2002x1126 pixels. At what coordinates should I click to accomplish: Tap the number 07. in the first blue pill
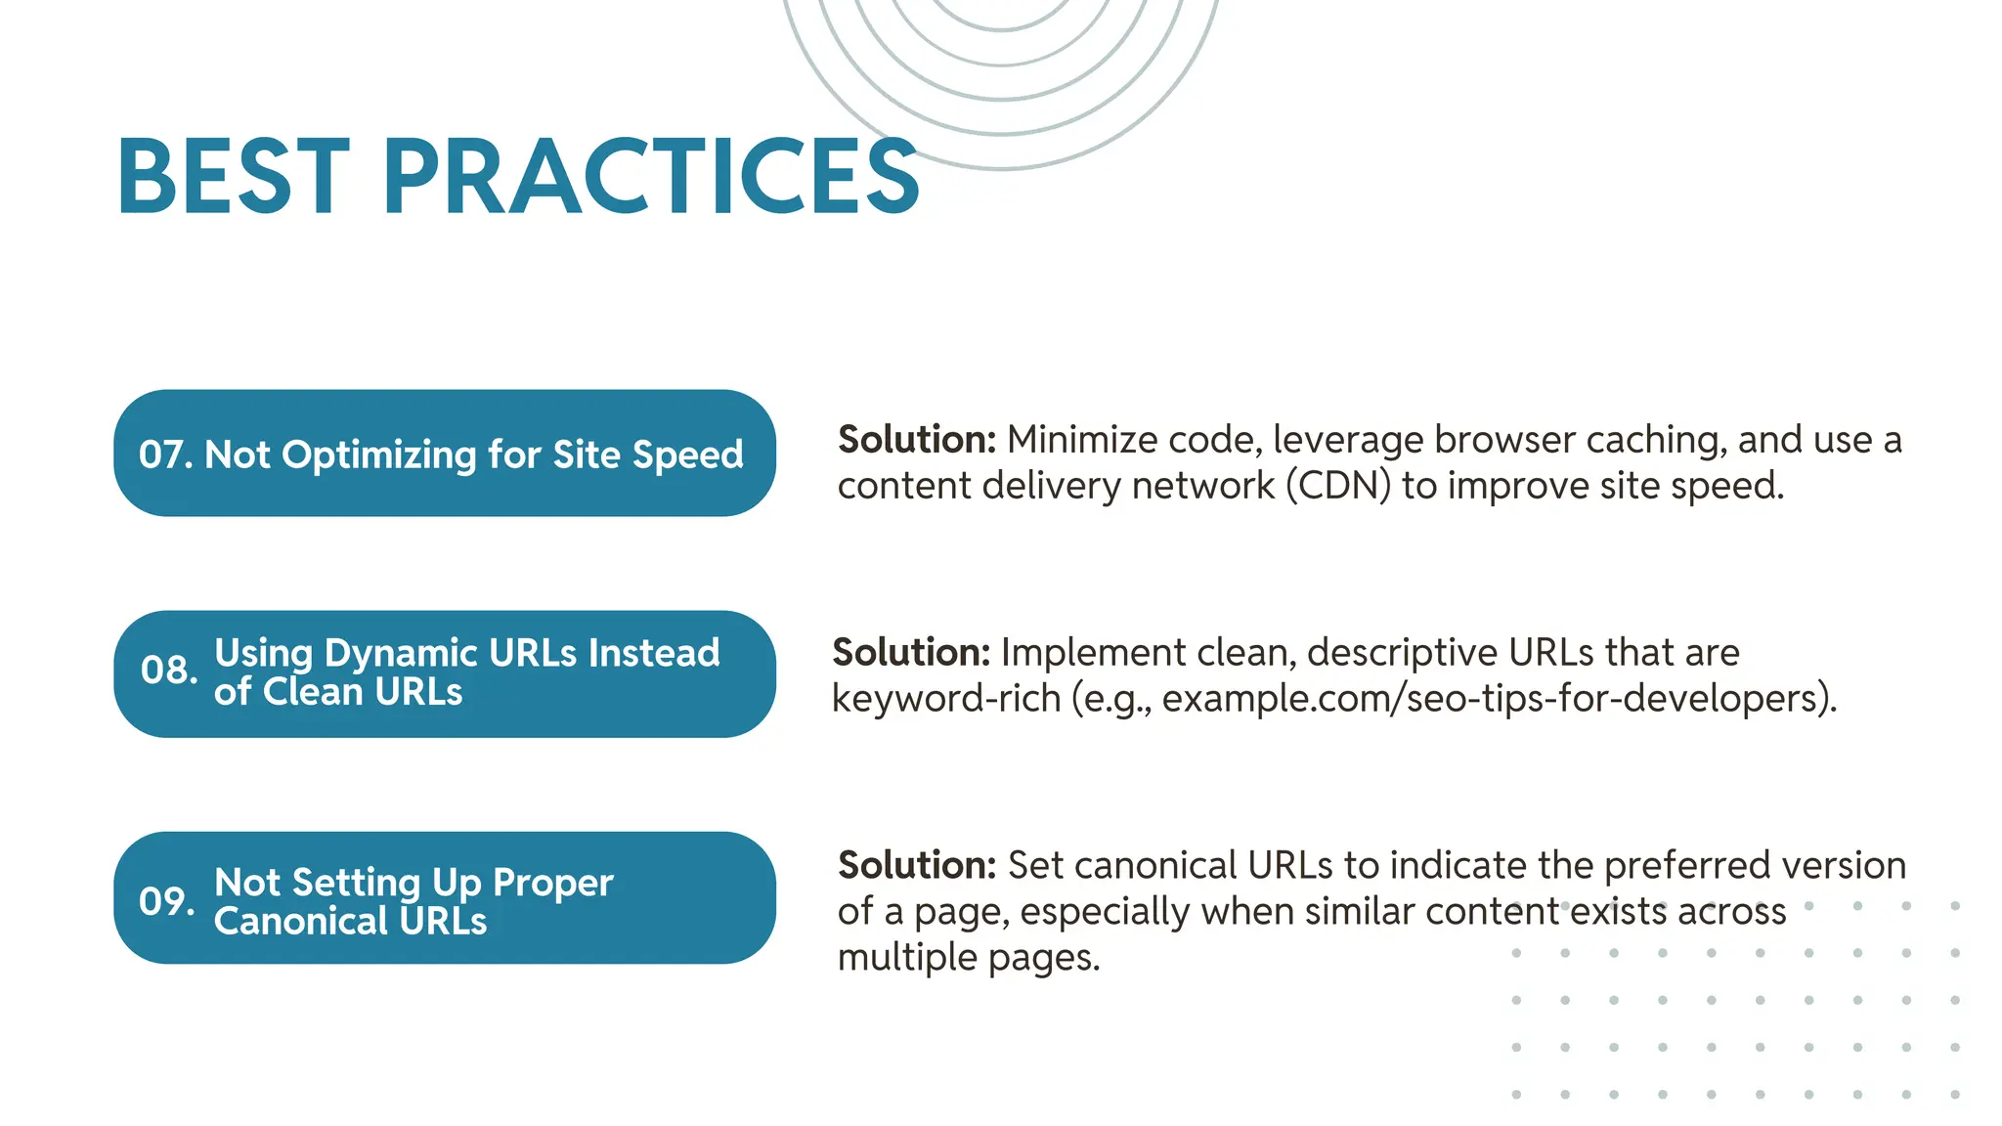tap(165, 455)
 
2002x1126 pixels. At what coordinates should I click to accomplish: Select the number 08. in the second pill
tap(169, 671)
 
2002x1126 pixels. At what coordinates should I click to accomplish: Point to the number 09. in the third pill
tap(166, 901)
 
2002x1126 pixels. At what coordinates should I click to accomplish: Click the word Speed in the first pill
tap(687, 455)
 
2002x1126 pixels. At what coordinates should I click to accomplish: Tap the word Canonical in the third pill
tap(301, 921)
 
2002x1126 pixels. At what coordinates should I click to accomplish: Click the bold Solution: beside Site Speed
tap(917, 440)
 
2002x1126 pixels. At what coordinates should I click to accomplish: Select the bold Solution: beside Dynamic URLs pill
tap(911, 653)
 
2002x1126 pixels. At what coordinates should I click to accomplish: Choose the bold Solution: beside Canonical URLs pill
tap(917, 866)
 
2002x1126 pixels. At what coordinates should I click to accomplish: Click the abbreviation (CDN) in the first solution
tap(1337, 486)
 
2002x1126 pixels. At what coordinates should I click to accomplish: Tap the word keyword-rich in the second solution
tap(945, 699)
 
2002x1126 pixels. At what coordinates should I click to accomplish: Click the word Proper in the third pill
tap(552, 883)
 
